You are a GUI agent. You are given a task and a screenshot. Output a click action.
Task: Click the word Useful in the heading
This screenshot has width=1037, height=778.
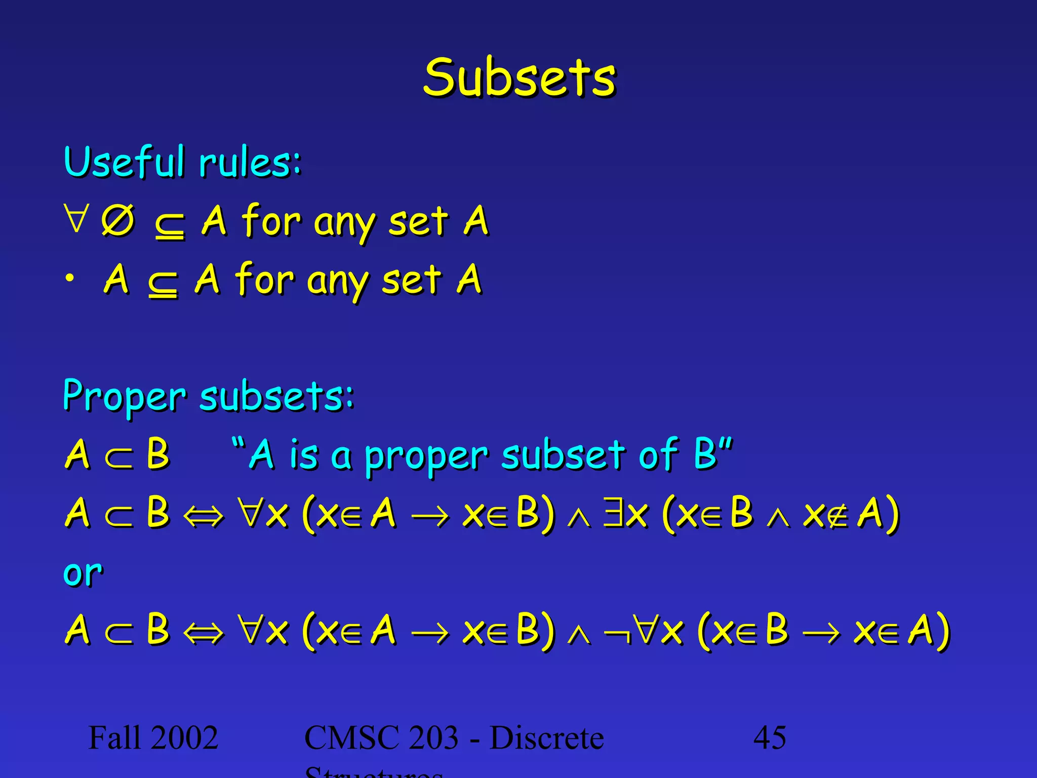pos(124,162)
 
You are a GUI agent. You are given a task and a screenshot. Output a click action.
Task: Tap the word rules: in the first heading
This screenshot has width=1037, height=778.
pos(250,163)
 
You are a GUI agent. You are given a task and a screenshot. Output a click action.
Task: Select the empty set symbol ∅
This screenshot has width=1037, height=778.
pos(118,221)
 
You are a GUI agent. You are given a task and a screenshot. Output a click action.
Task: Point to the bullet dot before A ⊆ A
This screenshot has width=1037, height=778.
pos(70,278)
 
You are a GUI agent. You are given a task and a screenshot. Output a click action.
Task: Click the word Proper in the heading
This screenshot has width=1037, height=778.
pos(124,397)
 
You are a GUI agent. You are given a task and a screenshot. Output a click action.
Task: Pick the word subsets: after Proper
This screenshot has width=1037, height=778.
pos(277,397)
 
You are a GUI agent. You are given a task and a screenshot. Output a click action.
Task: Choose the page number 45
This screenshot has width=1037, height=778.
pos(770,737)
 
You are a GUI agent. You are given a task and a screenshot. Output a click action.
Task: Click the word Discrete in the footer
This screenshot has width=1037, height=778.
pos(547,737)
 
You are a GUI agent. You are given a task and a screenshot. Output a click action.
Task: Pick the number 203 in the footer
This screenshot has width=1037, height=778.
pos(433,737)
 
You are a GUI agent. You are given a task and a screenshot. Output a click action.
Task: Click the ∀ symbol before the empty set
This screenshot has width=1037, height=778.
pos(76,218)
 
